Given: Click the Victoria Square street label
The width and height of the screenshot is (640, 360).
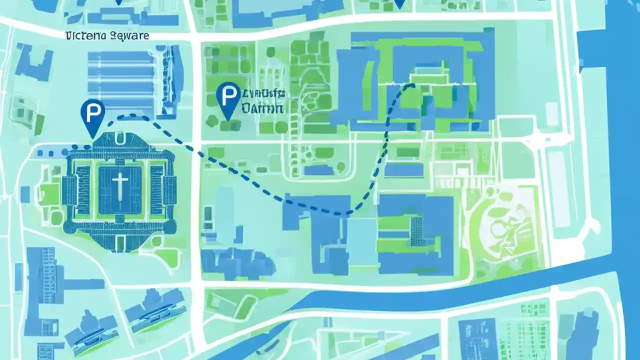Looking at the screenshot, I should pos(107,36).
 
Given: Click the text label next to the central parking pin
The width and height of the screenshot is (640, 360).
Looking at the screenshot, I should pos(262,100).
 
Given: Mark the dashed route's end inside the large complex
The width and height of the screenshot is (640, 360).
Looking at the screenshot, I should pos(412,85).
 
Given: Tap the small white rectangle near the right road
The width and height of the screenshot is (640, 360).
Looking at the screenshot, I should pos(551,113).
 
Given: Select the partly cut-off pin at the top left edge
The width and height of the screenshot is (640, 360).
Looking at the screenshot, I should pos(118,2).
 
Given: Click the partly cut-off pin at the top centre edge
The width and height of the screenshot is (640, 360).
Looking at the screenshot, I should pos(399,3).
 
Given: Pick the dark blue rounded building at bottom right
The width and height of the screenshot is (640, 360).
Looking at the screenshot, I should pos(582,335).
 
